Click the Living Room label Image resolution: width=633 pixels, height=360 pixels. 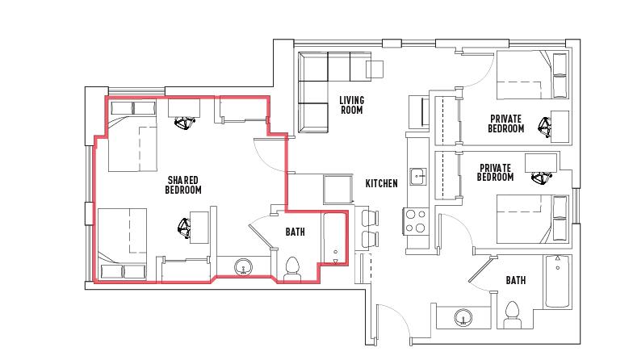point(352,105)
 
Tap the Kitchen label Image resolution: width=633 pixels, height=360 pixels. point(381,184)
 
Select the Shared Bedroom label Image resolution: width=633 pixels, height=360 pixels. point(183,185)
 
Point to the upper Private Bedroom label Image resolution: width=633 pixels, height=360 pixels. point(505,124)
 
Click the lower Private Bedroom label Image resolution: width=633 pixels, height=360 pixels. point(496,173)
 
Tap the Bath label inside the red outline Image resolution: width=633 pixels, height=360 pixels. point(296,232)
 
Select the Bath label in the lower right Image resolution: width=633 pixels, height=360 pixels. point(516,280)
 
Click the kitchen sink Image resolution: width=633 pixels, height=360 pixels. point(418,176)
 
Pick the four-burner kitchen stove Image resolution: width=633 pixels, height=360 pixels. point(415,221)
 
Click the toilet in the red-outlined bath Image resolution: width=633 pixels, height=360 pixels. point(292,270)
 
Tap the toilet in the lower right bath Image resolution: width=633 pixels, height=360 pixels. point(512,315)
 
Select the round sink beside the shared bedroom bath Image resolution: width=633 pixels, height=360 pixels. point(243,267)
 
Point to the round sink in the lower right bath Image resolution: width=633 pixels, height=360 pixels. point(463,317)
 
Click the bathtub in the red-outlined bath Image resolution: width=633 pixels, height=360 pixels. point(335,239)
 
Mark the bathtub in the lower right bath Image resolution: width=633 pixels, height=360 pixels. point(557,281)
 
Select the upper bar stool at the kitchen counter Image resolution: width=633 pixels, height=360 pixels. point(370,218)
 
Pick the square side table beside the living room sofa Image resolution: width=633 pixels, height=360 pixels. point(375,69)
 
